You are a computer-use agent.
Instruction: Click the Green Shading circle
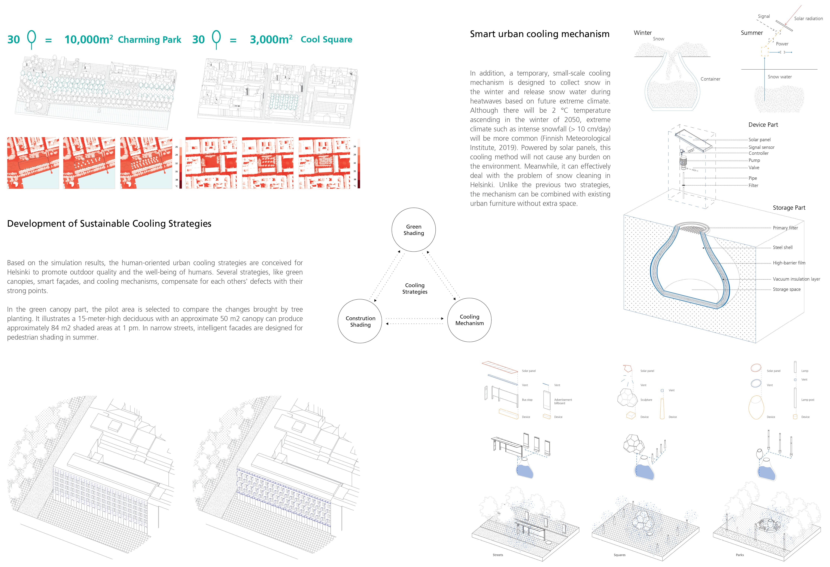414,230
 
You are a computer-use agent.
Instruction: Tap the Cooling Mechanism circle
469,320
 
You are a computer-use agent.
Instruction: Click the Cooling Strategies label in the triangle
415,288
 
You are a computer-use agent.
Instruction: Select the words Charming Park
149,40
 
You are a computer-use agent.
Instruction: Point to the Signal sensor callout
761,147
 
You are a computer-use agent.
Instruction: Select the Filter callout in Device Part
753,185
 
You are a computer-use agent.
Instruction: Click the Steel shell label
783,247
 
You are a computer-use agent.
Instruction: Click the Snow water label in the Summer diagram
780,77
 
